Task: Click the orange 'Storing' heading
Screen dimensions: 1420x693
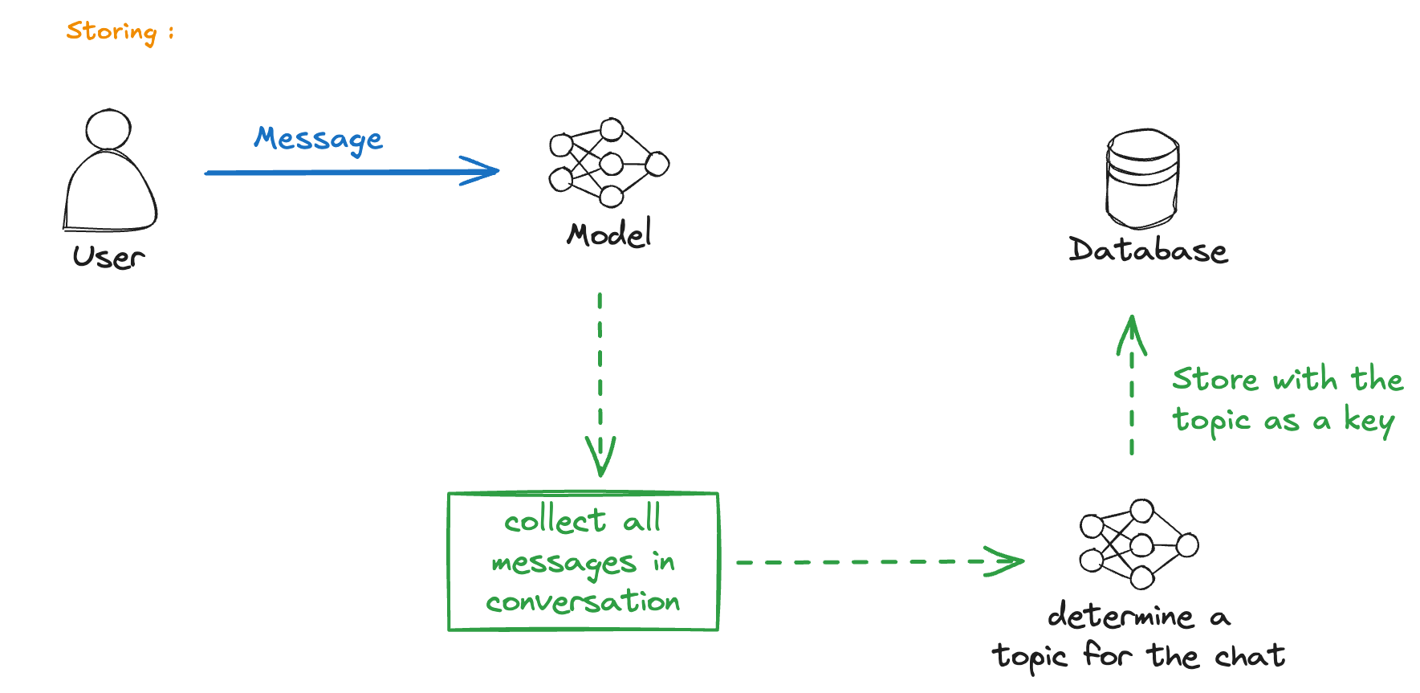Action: click(x=112, y=32)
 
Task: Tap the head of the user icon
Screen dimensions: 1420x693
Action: click(x=108, y=129)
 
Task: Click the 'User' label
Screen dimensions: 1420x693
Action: click(x=108, y=257)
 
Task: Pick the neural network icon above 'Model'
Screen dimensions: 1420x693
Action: click(x=608, y=162)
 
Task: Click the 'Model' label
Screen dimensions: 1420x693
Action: click(x=609, y=233)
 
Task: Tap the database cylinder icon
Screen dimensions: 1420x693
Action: click(x=1142, y=178)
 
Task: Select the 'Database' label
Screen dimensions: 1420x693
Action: click(x=1148, y=250)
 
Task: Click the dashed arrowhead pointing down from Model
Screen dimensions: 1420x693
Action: click(x=600, y=456)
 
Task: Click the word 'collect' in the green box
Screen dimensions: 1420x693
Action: click(x=555, y=520)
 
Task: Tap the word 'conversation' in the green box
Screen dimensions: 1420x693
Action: click(x=583, y=601)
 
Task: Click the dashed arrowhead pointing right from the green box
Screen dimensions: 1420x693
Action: click(x=1004, y=561)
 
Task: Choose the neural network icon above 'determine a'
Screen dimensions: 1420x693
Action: click(x=1138, y=544)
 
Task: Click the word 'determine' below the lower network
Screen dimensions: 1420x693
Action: click(x=1121, y=615)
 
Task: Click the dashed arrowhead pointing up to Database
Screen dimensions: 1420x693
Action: click(x=1132, y=334)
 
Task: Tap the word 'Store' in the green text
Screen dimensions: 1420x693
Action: click(x=1215, y=378)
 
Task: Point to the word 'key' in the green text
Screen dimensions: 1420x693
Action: click(x=1369, y=421)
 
